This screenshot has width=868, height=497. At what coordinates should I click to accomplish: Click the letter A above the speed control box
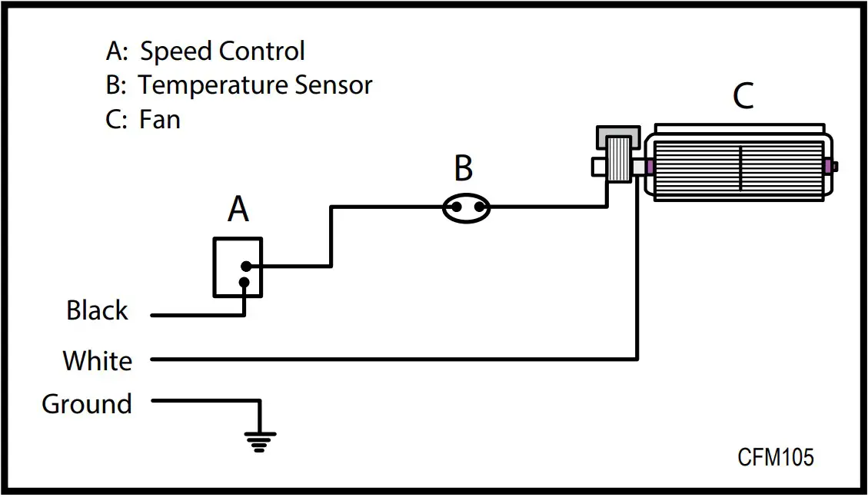(x=238, y=208)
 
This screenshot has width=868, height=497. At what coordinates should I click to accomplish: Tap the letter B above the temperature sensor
(x=463, y=168)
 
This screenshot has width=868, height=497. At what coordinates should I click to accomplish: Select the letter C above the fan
(x=743, y=97)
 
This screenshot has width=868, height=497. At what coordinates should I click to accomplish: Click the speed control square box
(x=238, y=267)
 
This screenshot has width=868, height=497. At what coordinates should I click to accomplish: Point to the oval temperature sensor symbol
(x=467, y=207)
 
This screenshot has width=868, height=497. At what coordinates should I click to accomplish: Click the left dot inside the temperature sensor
(x=455, y=207)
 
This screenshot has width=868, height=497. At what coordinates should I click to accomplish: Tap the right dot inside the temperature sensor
(x=479, y=207)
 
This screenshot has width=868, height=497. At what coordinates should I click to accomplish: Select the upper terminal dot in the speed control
(x=245, y=267)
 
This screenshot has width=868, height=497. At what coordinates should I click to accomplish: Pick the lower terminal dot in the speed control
(x=244, y=282)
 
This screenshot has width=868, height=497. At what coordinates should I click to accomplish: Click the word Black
(x=97, y=311)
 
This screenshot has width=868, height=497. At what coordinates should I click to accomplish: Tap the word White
(x=97, y=360)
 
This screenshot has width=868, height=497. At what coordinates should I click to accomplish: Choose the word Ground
(x=87, y=404)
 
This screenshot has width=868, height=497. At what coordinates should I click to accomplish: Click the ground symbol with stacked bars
(x=260, y=440)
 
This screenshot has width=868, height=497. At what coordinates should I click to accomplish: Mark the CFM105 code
(x=775, y=457)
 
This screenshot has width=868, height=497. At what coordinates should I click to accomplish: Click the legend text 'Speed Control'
(x=222, y=51)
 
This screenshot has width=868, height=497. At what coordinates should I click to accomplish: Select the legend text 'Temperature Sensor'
(x=255, y=85)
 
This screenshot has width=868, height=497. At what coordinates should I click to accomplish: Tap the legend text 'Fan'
(x=160, y=120)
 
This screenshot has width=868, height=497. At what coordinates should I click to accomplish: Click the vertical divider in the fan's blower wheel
(x=740, y=167)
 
